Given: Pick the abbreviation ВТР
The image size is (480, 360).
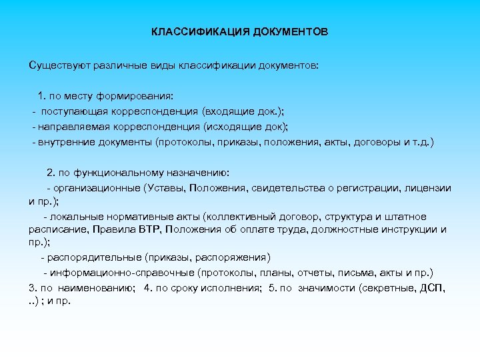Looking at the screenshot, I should click(x=148, y=230).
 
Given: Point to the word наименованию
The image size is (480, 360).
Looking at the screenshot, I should click(x=103, y=287).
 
